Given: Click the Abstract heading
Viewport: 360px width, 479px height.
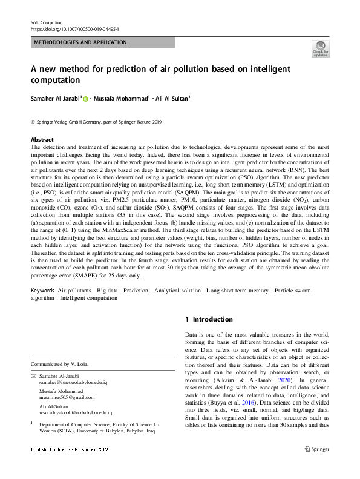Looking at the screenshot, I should tap(42, 139).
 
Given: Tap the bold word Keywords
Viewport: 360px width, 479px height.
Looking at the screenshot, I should tap(43, 291).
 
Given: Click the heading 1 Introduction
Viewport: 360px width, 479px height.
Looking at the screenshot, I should tap(208, 319).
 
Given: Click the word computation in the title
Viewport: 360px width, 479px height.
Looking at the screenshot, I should tap(55, 79).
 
